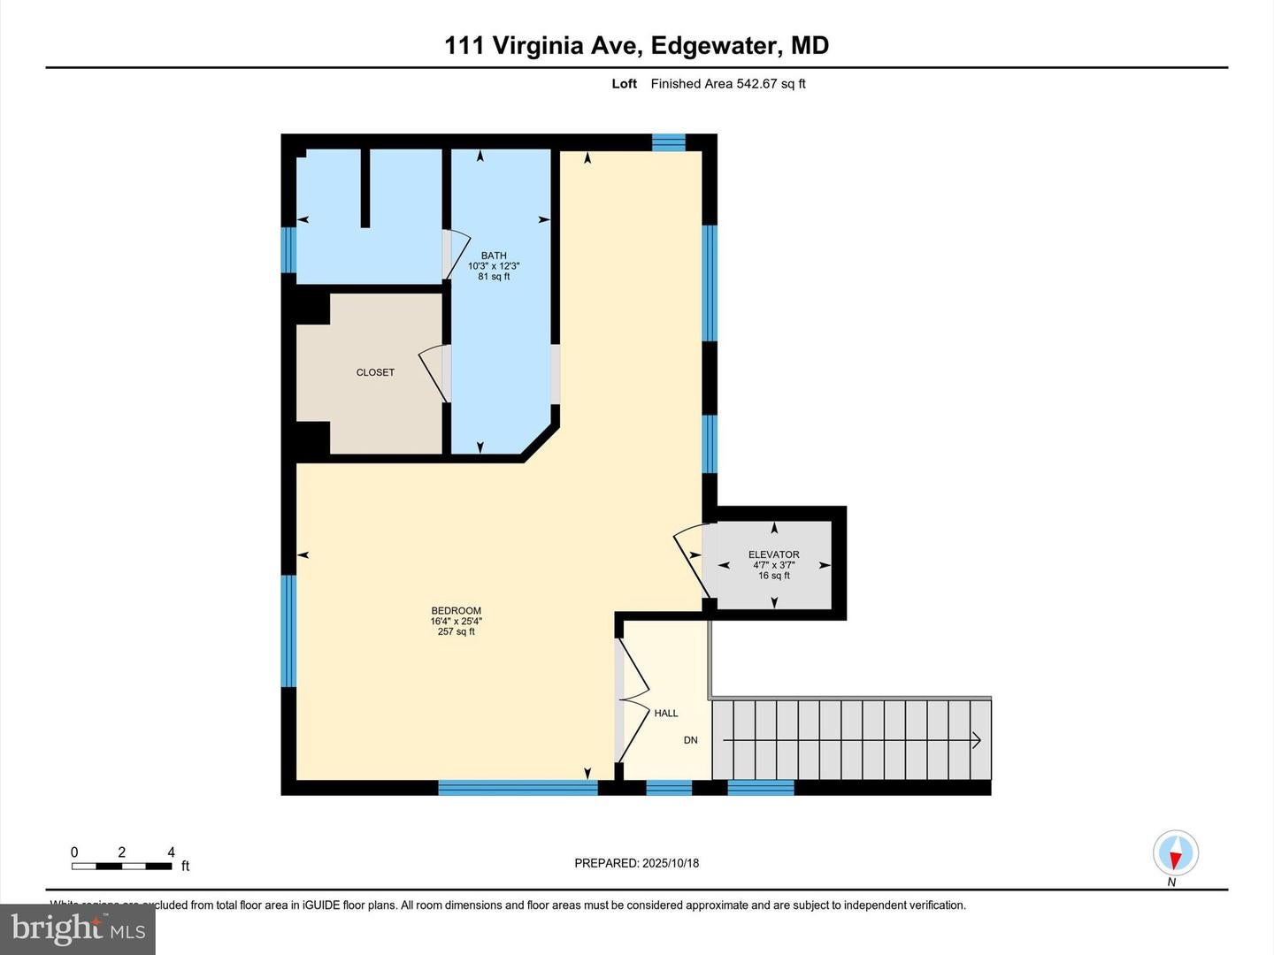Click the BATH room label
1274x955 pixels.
pyautogui.click(x=494, y=256)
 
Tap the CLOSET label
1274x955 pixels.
pyautogui.click(x=375, y=372)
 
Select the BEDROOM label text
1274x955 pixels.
pyautogui.click(x=456, y=610)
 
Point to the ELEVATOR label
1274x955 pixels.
pyautogui.click(x=773, y=554)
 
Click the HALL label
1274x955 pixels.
pyautogui.click(x=666, y=713)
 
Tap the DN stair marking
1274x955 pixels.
pyautogui.click(x=690, y=740)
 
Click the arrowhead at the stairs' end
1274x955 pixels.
pyautogui.click(x=977, y=740)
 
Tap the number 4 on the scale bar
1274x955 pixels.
pyautogui.click(x=171, y=852)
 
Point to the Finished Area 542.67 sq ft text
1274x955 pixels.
pyautogui.click(x=728, y=84)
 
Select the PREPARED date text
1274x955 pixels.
pyautogui.click(x=636, y=863)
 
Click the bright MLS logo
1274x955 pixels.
pyautogui.click(x=78, y=929)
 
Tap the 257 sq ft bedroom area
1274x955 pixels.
pyautogui.click(x=456, y=631)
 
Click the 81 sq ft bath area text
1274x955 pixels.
pyautogui.click(x=494, y=277)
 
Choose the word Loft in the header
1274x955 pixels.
pyautogui.click(x=624, y=84)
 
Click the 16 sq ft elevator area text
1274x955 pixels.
pyautogui.click(x=773, y=576)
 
